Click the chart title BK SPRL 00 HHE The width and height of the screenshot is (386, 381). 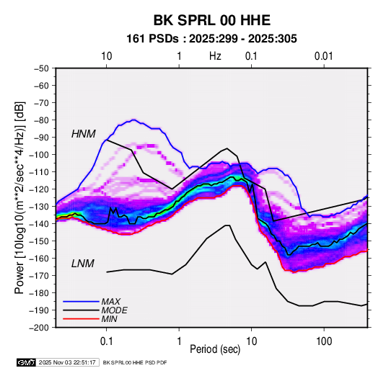[212, 20]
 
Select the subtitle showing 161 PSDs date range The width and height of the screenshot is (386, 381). [211, 39]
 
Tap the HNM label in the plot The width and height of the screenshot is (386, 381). [84, 134]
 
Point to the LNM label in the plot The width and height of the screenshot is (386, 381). [83, 264]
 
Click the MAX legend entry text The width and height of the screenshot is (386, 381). [111, 302]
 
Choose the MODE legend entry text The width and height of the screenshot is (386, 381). [115, 310]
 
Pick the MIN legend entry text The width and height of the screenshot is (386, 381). [109, 319]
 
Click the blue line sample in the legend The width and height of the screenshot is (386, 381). [81, 301]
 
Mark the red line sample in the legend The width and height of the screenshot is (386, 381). [81, 319]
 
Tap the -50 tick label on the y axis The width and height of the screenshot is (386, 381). [41, 68]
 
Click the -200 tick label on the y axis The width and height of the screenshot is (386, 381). [40, 328]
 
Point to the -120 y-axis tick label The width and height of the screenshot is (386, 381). [40, 189]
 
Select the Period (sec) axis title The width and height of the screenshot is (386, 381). [215, 349]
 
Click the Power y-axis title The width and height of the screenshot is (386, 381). [19, 197]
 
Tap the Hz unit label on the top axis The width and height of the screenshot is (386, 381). [215, 56]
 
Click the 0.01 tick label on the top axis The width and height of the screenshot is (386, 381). [323, 56]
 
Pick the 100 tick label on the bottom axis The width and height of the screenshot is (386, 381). [324, 341]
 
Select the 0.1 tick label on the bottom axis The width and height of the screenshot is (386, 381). [106, 341]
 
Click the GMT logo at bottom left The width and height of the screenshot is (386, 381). [26, 362]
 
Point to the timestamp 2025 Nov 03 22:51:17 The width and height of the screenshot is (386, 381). [67, 362]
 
